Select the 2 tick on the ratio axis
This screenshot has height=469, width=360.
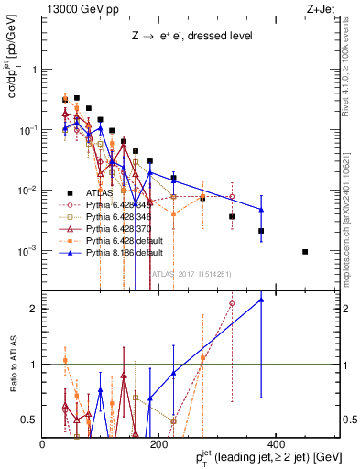35,310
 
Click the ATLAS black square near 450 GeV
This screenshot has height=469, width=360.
305,252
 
